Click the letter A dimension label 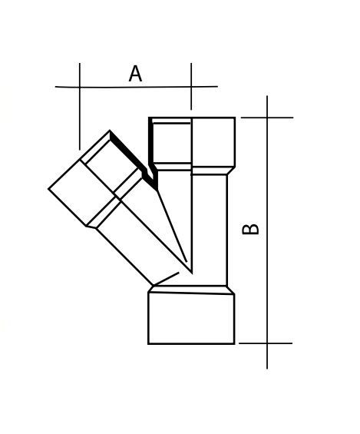pos(135,74)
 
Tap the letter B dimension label pos(250,229)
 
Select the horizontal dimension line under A pos(137,87)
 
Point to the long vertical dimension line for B pos(267,232)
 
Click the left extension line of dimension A pos(80,106)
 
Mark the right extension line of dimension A pos(191,86)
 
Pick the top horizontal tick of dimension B pos(267,118)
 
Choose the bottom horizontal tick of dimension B pos(266,343)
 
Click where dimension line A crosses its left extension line pos(80,87)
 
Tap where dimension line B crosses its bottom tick pos(267,343)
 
